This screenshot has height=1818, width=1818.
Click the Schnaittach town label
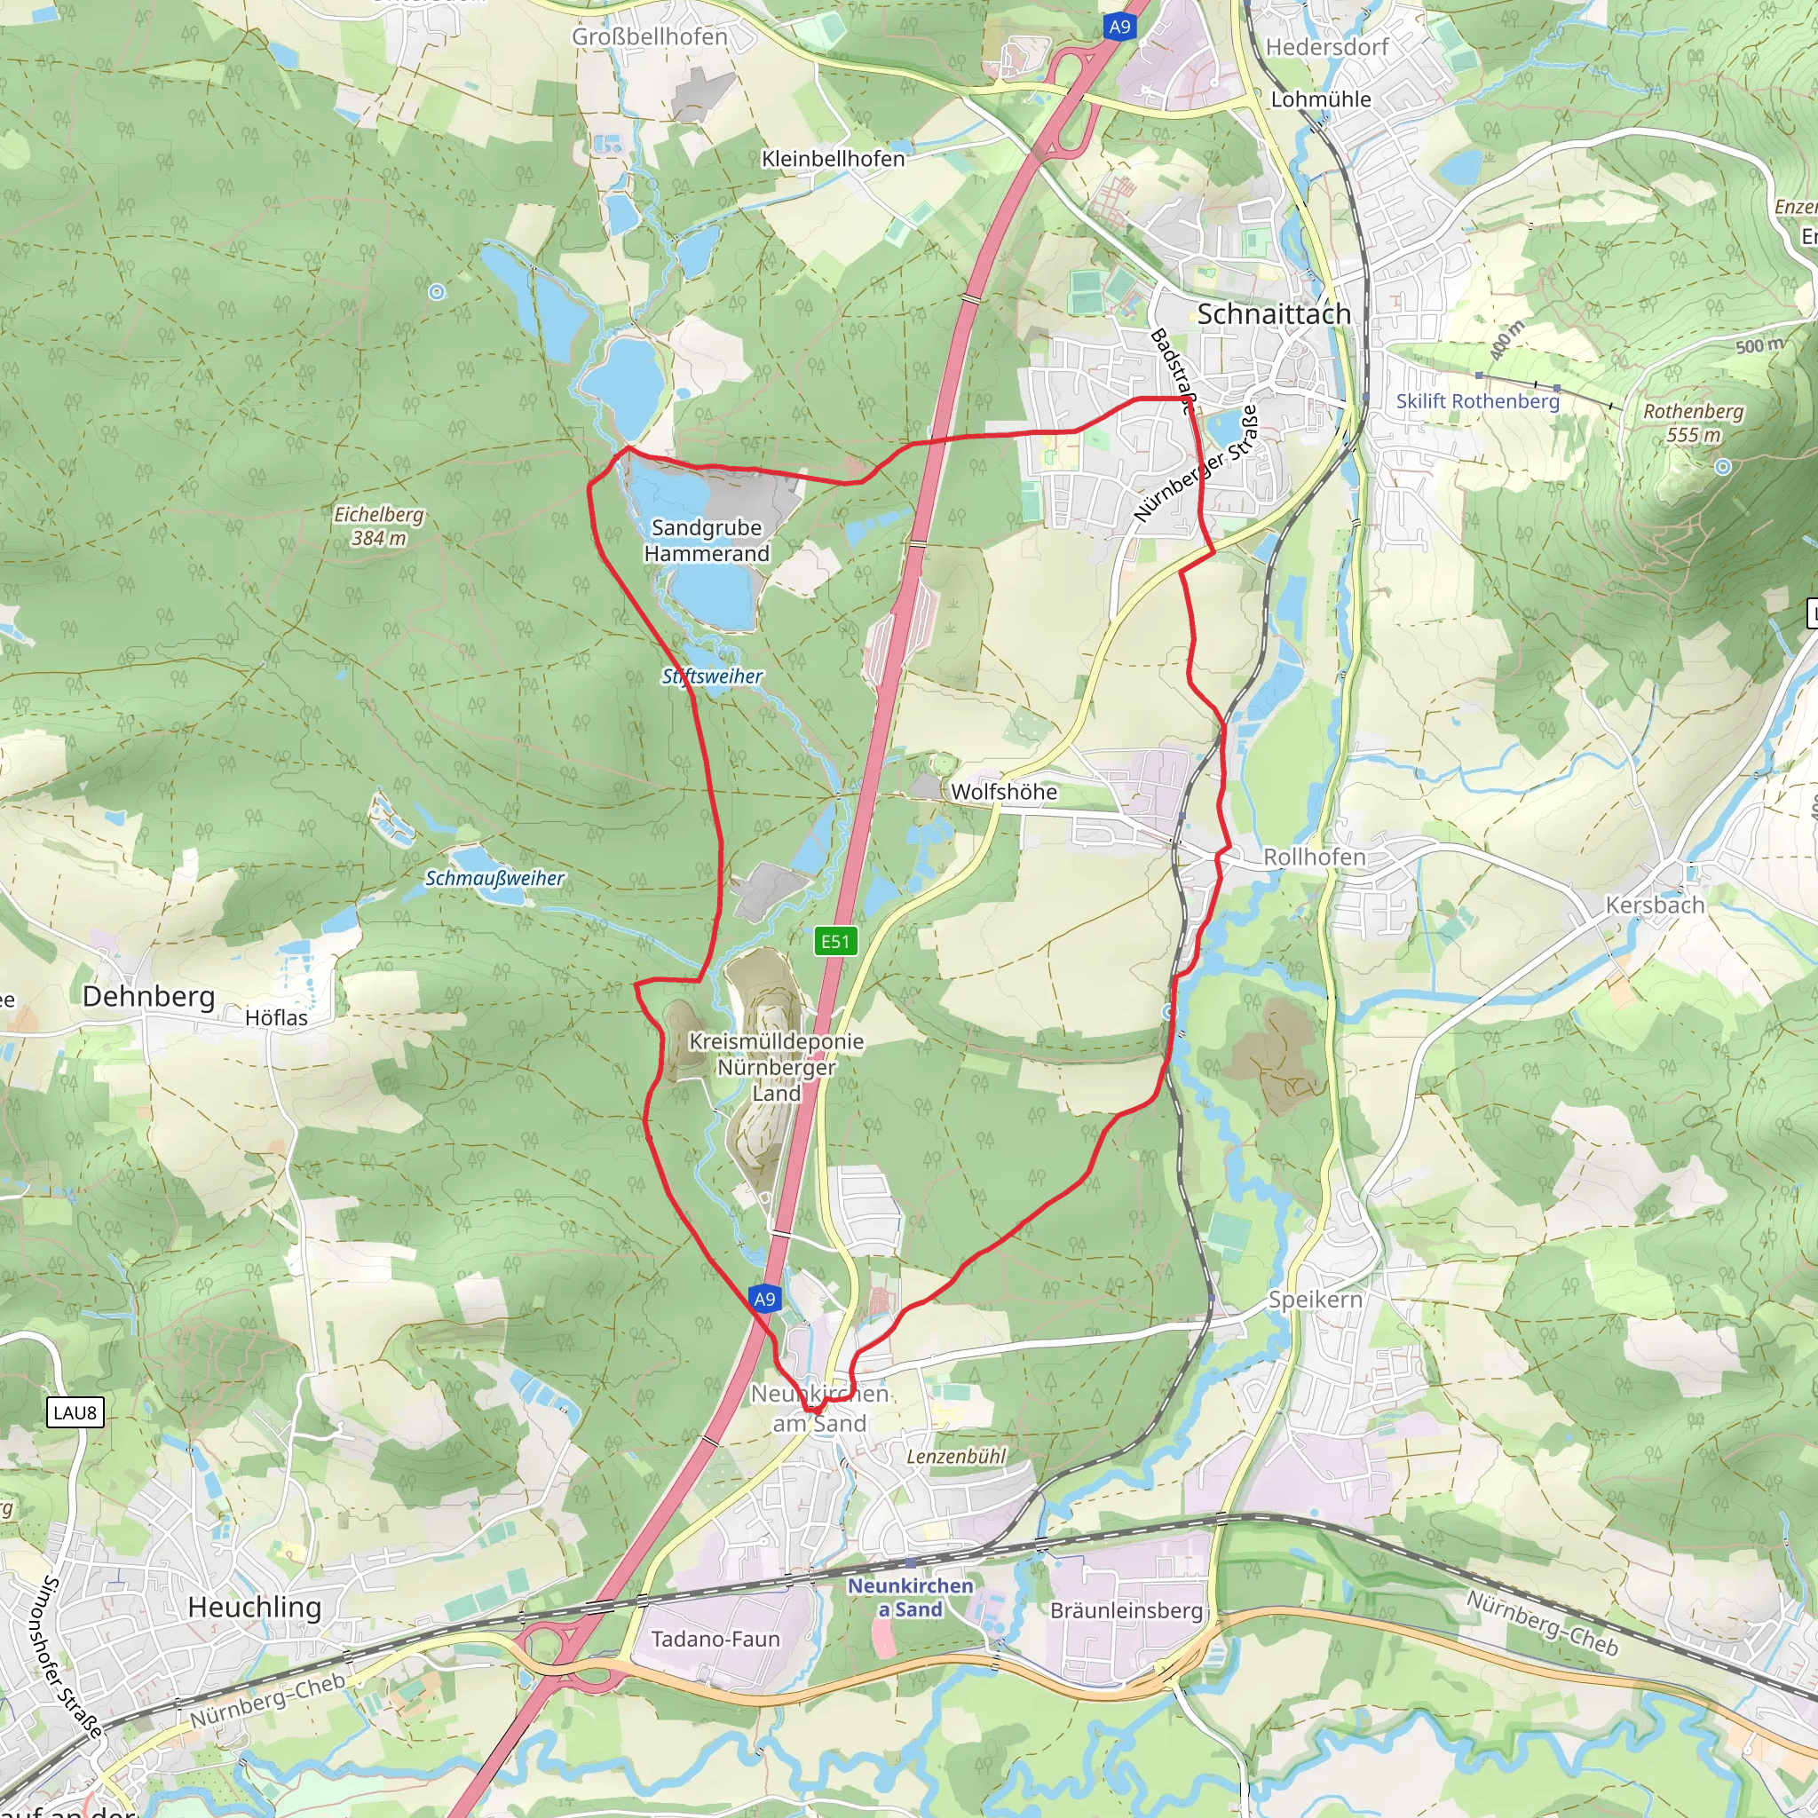pyautogui.click(x=1273, y=314)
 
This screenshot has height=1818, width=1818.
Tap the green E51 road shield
pyautogui.click(x=834, y=941)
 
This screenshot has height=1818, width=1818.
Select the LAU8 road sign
pyautogui.click(x=75, y=1412)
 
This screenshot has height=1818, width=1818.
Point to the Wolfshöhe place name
pyautogui.click(x=1003, y=791)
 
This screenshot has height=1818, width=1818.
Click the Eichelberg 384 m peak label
pyautogui.click(x=379, y=526)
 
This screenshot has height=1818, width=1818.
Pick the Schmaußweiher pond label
pyautogui.click(x=495, y=878)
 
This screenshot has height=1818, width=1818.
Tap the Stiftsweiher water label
pyautogui.click(x=712, y=676)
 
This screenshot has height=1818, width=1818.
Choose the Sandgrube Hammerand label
pyautogui.click(x=707, y=540)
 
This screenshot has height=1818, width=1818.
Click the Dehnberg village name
pyautogui.click(x=148, y=997)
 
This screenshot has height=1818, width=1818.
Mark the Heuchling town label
pyautogui.click(x=254, y=1608)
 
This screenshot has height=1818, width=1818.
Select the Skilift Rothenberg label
pyautogui.click(x=1477, y=401)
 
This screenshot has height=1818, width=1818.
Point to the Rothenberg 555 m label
pyautogui.click(x=1693, y=423)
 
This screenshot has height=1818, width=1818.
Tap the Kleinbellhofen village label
pyautogui.click(x=833, y=159)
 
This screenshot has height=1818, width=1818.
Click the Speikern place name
pyautogui.click(x=1315, y=1300)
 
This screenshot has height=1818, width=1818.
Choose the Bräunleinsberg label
pyautogui.click(x=1126, y=1611)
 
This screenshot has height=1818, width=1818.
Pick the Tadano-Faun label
pyautogui.click(x=715, y=1640)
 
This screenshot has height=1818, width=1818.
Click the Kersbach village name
pyautogui.click(x=1655, y=905)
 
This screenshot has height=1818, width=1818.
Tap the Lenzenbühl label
pyautogui.click(x=956, y=1457)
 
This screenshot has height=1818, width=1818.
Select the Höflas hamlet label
pyautogui.click(x=276, y=1017)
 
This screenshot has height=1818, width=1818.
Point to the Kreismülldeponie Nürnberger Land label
pyautogui.click(x=777, y=1067)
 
